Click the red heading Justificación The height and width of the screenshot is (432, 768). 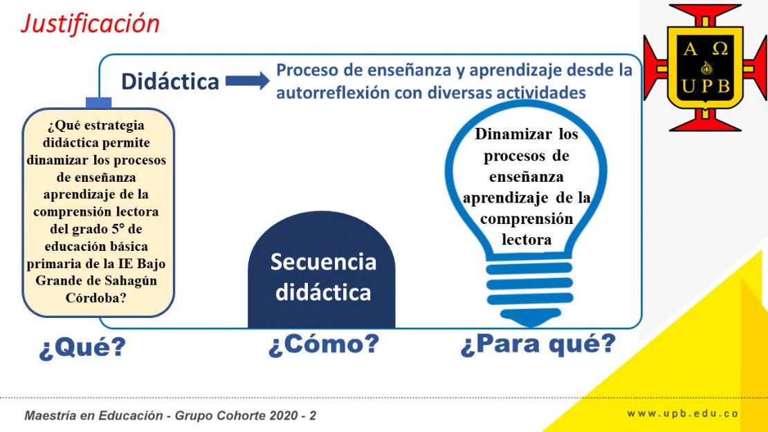pyautogui.click(x=91, y=24)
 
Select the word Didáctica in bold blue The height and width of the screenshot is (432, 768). pyautogui.click(x=170, y=81)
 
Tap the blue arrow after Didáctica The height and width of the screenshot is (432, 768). pyautogui.click(x=247, y=81)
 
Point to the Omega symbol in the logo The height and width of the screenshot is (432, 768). pyautogui.click(x=720, y=48)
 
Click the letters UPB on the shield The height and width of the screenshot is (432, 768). pyautogui.click(x=706, y=86)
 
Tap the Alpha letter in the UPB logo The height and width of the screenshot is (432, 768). pyautogui.click(x=690, y=48)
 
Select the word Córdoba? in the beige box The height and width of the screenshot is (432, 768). pyautogui.click(x=96, y=298)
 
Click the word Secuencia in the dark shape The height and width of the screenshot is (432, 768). pyautogui.click(x=323, y=262)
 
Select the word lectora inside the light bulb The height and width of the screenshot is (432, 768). pyautogui.click(x=527, y=240)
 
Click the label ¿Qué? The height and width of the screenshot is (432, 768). pyautogui.click(x=82, y=347)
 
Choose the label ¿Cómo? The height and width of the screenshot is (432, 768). pyautogui.click(x=324, y=344)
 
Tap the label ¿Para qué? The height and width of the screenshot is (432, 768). pyautogui.click(x=538, y=344)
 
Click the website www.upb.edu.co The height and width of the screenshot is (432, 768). pyautogui.click(x=682, y=414)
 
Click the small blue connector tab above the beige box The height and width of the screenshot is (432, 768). pyautogui.click(x=98, y=102)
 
